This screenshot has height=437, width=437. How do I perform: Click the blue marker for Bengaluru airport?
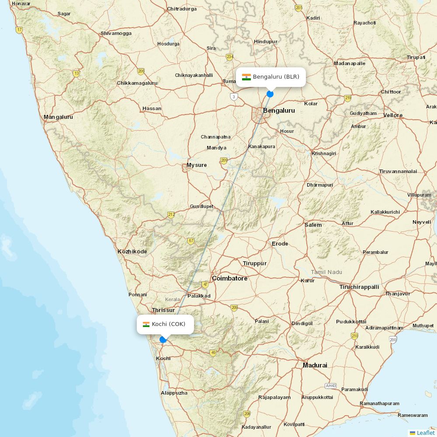point(270,94)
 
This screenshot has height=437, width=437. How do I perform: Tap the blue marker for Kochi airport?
point(163,340)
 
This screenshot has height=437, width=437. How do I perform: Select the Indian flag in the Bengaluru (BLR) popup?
point(246,77)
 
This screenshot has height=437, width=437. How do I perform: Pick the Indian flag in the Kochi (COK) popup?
point(146,324)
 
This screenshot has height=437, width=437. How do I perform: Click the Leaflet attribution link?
point(425,433)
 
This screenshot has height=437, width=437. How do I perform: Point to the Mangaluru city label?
point(58,117)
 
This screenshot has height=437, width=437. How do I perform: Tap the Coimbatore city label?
point(229,278)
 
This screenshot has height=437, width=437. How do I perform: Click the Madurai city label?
point(315,365)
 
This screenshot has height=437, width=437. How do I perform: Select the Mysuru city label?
point(197,165)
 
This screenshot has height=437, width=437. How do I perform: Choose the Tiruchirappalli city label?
point(359,287)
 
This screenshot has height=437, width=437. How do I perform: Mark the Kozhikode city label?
point(132,252)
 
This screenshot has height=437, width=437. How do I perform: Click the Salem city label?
point(313,225)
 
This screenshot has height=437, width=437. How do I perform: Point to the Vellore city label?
point(393,115)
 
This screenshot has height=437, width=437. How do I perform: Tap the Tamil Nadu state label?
point(326,272)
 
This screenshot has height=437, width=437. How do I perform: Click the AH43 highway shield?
point(331,386)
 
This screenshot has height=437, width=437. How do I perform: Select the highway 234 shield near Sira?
point(230,57)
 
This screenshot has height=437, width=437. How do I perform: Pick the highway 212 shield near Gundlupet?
point(171,215)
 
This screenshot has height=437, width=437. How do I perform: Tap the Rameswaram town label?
point(413,415)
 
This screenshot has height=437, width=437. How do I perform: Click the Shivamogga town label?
point(116,33)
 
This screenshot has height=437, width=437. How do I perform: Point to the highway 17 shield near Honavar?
point(19,30)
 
